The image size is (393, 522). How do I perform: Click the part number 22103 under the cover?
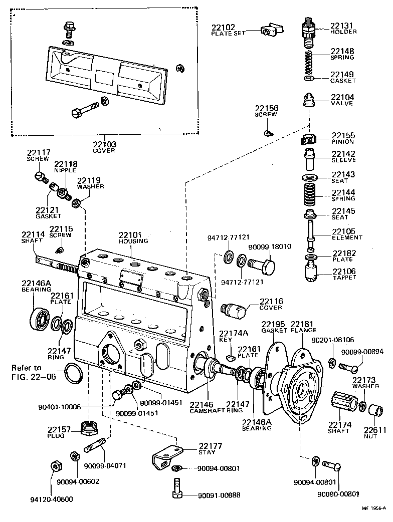click(x=104, y=144)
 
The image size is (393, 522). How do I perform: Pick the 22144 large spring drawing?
click(x=309, y=196)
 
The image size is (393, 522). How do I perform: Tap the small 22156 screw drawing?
click(x=269, y=133)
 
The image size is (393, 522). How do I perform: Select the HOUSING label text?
click(x=133, y=241)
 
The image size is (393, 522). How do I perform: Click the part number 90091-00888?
click(x=219, y=495)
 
